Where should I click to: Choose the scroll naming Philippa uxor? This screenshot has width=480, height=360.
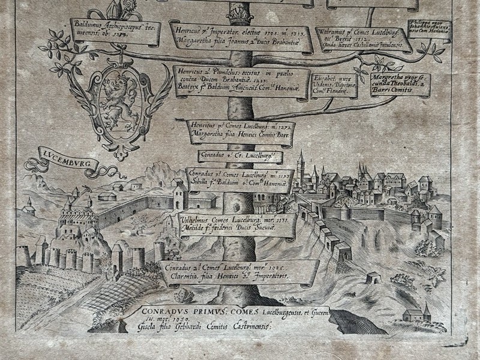(x=430, y=29)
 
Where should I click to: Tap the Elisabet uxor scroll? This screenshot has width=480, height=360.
(x=334, y=84)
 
